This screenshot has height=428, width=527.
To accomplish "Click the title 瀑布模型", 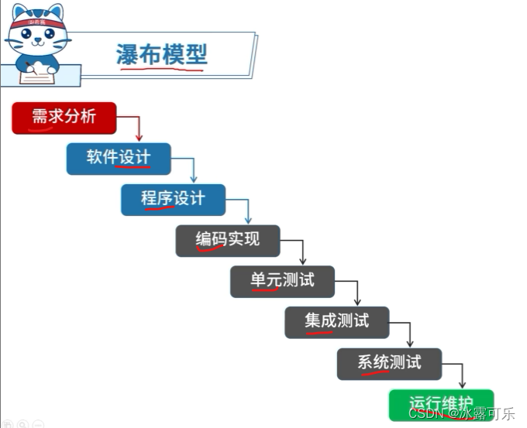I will tap(162, 54).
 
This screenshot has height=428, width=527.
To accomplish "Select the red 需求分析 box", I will tap(64, 118).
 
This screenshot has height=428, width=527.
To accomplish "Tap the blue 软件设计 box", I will tap(118, 158).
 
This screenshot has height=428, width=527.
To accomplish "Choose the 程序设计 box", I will tap(173, 199).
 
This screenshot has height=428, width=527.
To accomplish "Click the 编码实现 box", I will tap(227, 240).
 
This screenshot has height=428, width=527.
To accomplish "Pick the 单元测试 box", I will tap(282, 281).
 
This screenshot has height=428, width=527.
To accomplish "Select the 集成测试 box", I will tap(336, 321).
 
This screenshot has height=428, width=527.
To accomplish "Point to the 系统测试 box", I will tap(389, 363).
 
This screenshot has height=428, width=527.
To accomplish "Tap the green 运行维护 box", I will tap(440, 404).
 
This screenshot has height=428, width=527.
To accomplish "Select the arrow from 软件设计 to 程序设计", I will tap(193, 168).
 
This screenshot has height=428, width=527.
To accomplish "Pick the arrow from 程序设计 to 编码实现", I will tap(247, 209).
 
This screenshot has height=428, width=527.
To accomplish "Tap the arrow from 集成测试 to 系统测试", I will tap(410, 333).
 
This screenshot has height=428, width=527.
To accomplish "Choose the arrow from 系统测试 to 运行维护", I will tap(463, 374).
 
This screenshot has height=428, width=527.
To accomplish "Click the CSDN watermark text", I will tap(460, 414).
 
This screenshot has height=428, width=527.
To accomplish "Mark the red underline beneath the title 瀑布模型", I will tap(162, 69).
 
